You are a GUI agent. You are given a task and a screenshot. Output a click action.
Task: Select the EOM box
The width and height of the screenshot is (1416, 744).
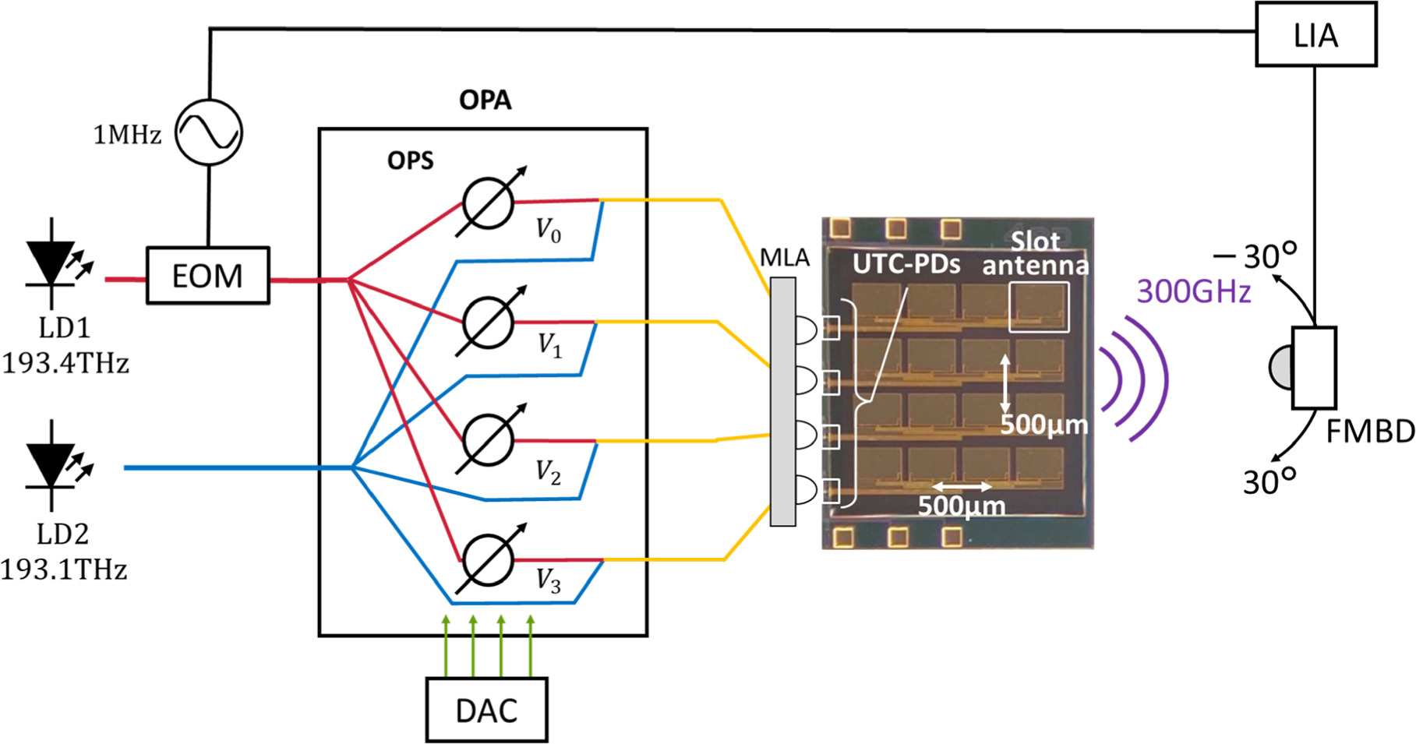pyautogui.click(x=207, y=276)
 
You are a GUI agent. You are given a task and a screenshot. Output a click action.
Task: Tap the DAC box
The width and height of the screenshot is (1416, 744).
pyautogui.click(x=486, y=710)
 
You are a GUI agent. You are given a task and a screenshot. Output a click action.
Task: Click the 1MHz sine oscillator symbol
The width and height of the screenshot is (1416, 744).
pyautogui.click(x=207, y=132)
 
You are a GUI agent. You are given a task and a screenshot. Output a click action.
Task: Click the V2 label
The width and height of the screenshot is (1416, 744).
pyautogui.click(x=548, y=473)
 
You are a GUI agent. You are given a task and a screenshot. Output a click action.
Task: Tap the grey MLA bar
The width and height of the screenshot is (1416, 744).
pyautogui.click(x=782, y=401)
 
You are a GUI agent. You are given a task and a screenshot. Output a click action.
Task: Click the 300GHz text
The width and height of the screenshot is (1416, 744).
pyautogui.click(x=1193, y=292)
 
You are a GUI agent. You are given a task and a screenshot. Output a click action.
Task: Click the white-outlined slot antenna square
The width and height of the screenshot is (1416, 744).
pyautogui.click(x=1039, y=308)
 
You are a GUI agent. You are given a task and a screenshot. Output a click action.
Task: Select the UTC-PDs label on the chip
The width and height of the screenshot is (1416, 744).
pyautogui.click(x=906, y=265)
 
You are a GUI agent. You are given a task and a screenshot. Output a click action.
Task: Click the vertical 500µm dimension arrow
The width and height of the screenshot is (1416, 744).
pyautogui.click(x=1005, y=383)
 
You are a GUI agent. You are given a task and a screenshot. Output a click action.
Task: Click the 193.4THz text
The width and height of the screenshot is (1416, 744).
pyautogui.click(x=65, y=363)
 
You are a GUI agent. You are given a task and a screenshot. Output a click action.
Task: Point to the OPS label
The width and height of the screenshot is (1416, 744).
pyautogui.click(x=410, y=160)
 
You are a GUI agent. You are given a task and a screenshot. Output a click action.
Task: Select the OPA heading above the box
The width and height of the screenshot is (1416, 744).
pyautogui.click(x=485, y=100)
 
